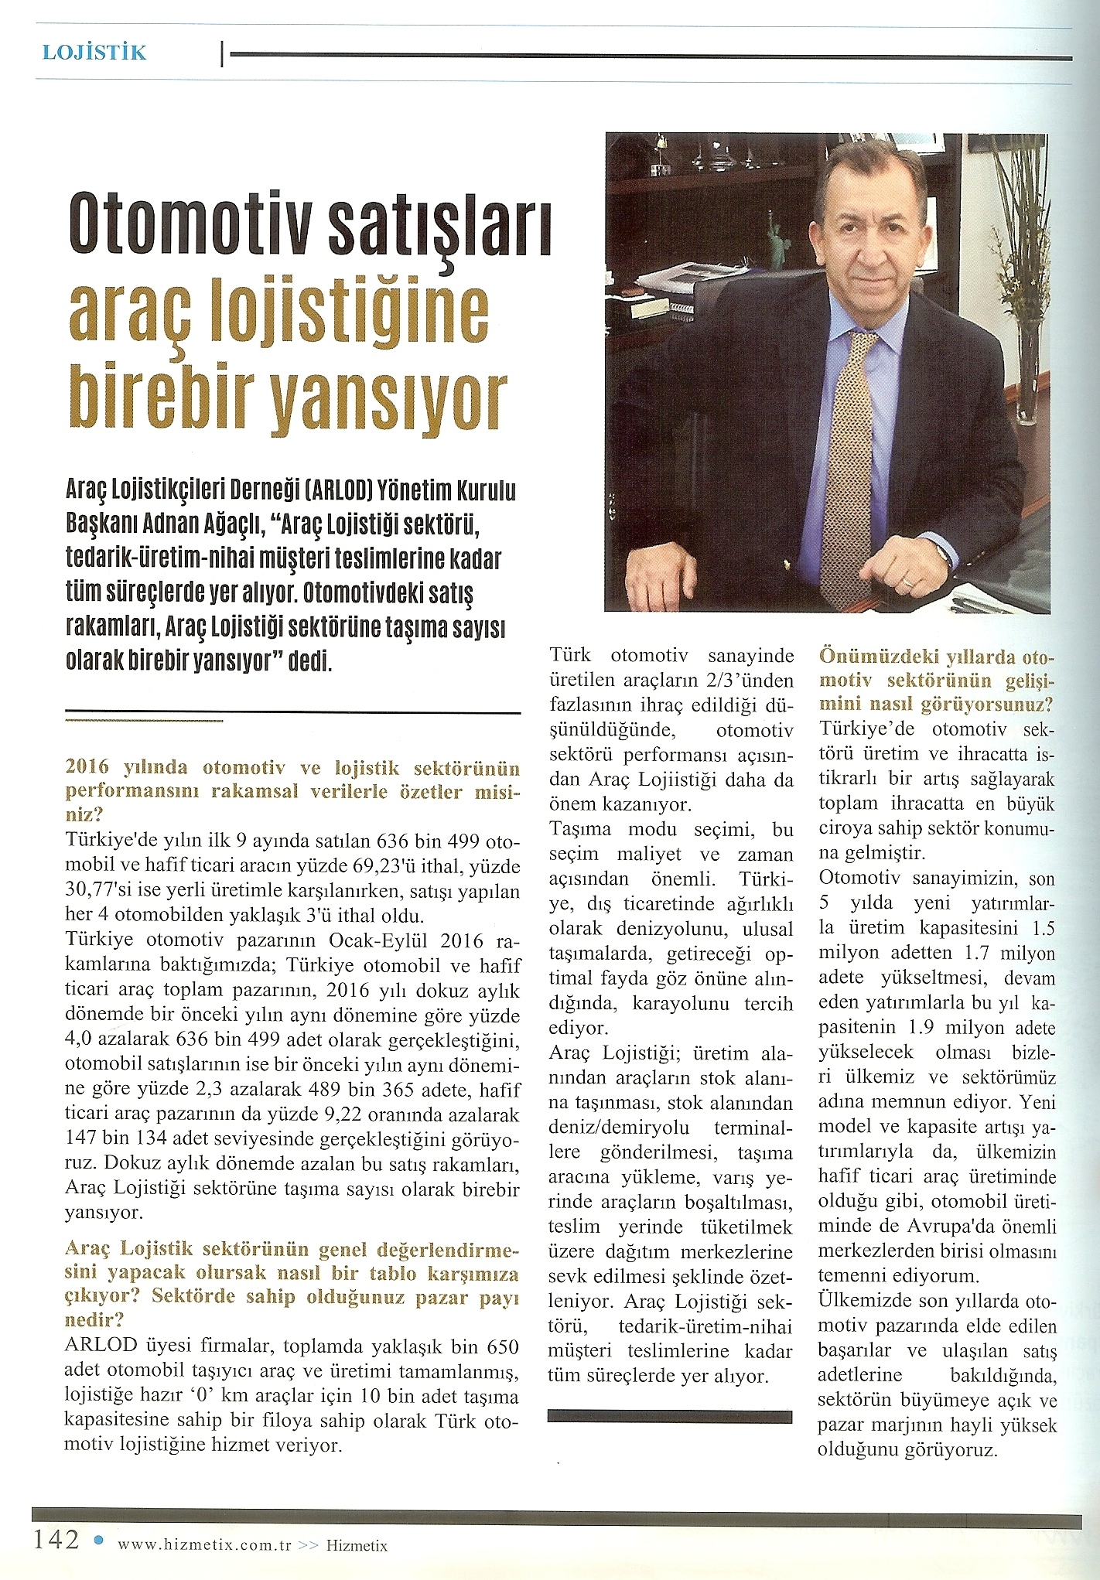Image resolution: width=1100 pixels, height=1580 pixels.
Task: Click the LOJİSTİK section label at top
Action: [x=94, y=53]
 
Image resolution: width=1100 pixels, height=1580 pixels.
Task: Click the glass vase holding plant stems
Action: [x=1027, y=371]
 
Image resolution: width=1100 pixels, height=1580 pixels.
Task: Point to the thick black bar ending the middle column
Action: [x=669, y=1416]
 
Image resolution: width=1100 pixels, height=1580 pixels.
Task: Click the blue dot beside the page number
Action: [x=97, y=1539]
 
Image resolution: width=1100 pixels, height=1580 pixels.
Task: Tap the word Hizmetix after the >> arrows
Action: [x=357, y=1545]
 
